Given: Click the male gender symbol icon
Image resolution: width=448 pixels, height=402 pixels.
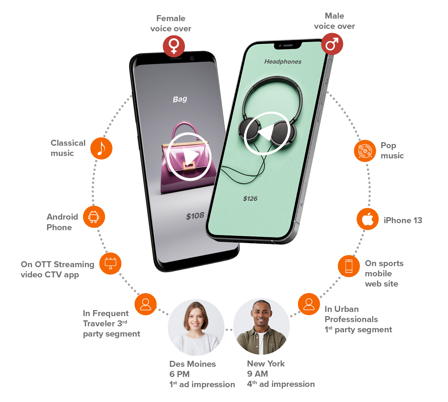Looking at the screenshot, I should click(332, 44).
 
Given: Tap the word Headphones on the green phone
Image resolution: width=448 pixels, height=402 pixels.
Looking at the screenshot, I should click(283, 62).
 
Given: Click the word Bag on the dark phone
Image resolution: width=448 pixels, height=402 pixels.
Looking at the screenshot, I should click(180, 99).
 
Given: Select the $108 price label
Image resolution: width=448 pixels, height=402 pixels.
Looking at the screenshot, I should click(195, 216).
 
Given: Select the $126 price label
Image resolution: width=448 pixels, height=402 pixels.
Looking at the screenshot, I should click(250, 199).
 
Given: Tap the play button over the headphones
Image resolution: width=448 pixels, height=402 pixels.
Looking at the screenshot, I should click(267, 133).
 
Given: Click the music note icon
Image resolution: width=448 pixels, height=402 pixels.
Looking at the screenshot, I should click(101, 149).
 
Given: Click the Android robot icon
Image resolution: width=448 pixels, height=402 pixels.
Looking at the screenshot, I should click(93, 217).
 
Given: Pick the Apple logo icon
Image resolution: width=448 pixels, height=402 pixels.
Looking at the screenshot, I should click(368, 219).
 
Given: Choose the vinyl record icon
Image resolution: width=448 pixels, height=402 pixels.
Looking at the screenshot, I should click(365, 151).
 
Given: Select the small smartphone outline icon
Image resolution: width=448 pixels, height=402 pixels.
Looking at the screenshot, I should click(349, 266).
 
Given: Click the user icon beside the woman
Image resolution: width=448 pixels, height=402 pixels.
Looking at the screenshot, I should click(145, 304).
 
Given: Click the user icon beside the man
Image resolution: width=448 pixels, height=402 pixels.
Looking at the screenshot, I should click(309, 304).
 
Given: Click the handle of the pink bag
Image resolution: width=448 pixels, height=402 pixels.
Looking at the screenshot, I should click(185, 127).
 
